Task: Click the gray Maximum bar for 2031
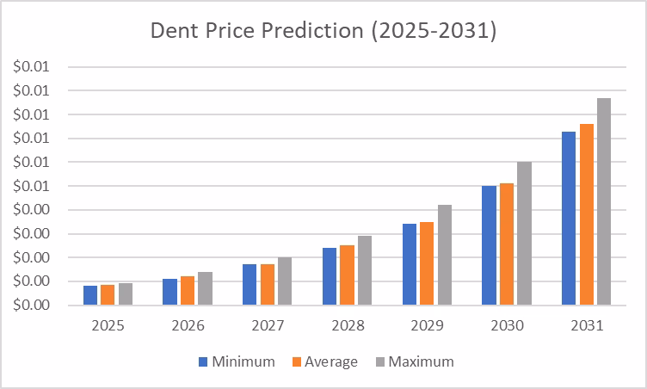click(604, 201)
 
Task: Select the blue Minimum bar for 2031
click(569, 219)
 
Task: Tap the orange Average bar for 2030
click(506, 244)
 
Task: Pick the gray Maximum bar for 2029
click(444, 255)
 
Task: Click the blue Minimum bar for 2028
click(330, 276)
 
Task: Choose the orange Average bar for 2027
click(268, 285)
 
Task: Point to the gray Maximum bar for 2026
click(205, 288)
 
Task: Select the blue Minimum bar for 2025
click(90, 295)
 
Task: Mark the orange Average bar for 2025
click(108, 295)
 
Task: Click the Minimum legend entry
click(237, 362)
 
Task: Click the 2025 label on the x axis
click(108, 327)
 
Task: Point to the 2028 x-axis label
click(347, 327)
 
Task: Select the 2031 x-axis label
click(586, 327)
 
